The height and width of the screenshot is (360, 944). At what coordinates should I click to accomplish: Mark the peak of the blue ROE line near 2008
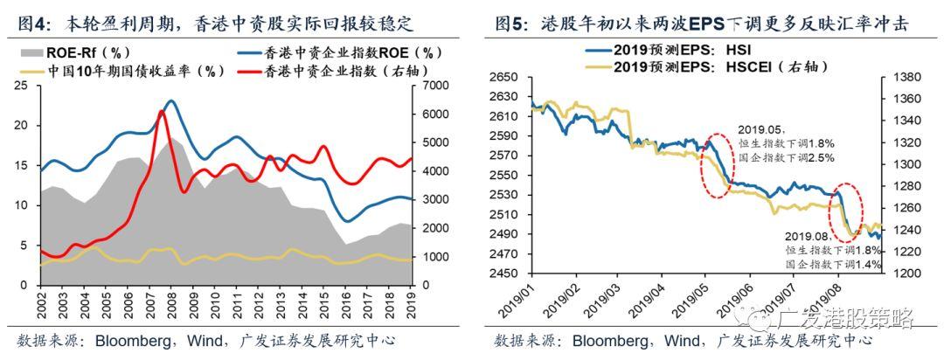(x=171, y=101)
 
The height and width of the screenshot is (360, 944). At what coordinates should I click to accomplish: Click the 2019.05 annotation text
(x=758, y=127)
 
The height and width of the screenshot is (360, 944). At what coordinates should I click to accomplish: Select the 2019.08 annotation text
(x=806, y=236)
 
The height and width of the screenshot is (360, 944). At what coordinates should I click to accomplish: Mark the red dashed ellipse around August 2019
(x=846, y=210)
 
